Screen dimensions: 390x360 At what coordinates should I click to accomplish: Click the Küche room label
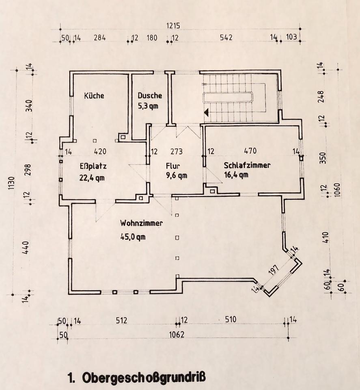(x=94, y=96)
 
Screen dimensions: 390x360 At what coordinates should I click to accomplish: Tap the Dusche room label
(x=150, y=96)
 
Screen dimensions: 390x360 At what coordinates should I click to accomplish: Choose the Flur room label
(x=173, y=166)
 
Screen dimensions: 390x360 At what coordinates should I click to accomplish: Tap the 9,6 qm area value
(x=176, y=176)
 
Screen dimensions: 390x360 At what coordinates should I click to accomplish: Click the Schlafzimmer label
(x=247, y=165)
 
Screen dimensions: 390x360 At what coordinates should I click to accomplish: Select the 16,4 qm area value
(x=236, y=175)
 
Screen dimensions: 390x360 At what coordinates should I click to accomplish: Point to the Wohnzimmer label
(x=141, y=223)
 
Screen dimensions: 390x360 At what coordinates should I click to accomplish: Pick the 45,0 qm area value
(x=133, y=236)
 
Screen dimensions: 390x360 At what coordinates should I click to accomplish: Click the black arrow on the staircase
(x=207, y=112)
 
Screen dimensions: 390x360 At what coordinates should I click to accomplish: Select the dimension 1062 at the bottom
(x=177, y=335)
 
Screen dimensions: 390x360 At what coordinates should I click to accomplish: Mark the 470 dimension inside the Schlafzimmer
(x=250, y=151)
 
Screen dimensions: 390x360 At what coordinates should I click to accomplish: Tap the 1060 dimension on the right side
(x=337, y=189)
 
